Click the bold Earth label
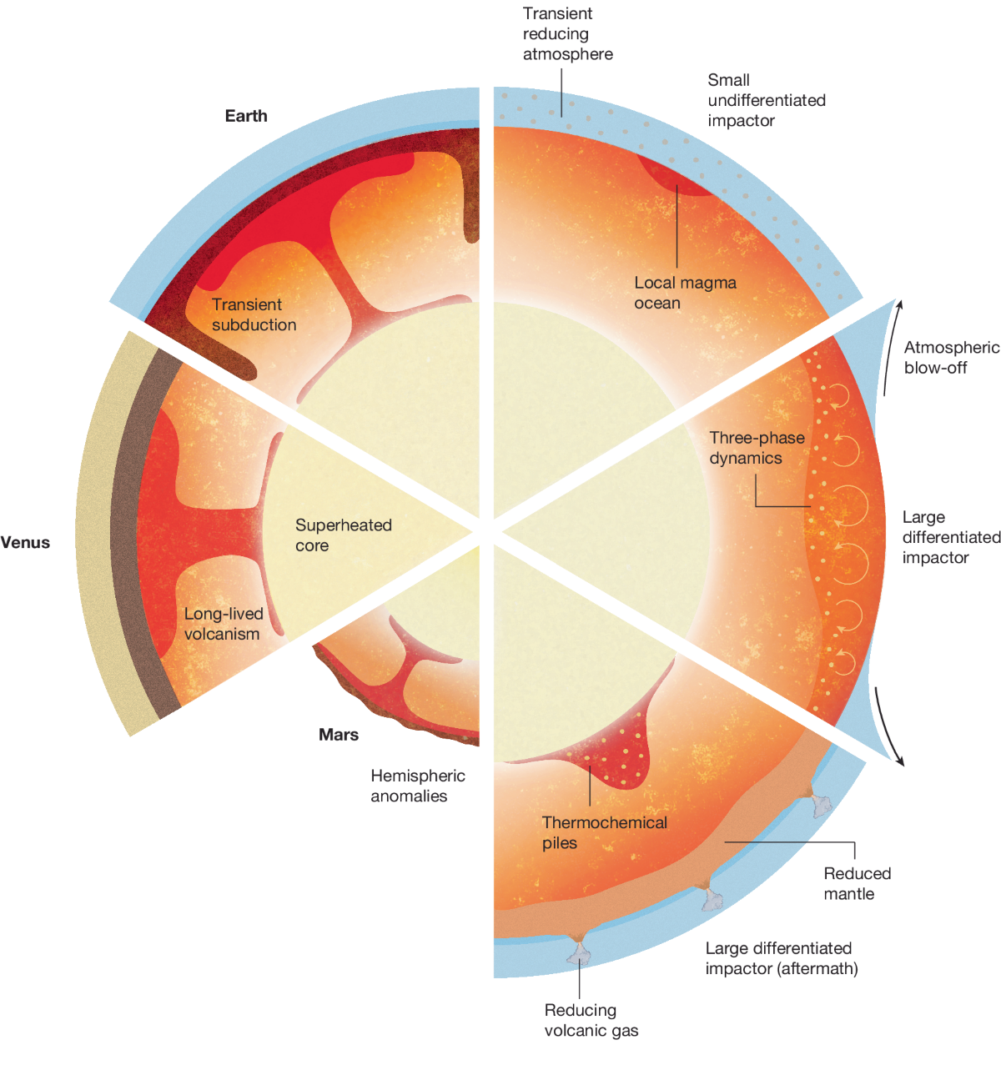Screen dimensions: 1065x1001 246,116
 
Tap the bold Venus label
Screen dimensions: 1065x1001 25,543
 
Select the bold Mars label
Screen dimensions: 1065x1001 339,735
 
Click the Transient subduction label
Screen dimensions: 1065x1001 254,314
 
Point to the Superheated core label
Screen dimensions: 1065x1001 343,535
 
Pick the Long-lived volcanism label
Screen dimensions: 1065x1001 223,624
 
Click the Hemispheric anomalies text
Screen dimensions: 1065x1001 417,786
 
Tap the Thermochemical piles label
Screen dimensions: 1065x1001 604,832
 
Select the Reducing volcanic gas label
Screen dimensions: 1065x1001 591,1020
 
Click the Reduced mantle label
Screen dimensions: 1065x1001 857,883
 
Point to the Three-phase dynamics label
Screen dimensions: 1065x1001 757,448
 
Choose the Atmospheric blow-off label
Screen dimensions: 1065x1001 951,357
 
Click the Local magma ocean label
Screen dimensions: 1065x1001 685,293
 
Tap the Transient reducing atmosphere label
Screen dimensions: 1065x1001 567,34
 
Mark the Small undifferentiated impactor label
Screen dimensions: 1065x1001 766,100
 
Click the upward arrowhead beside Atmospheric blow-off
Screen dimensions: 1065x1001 898,304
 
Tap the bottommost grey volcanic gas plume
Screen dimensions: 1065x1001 579,950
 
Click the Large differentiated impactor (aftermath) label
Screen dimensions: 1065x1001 781,958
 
